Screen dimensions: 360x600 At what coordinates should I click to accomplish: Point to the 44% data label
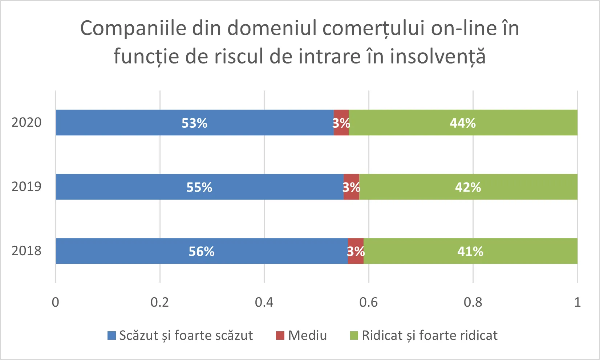(x=462, y=123)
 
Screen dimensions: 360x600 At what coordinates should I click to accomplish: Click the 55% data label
(x=199, y=187)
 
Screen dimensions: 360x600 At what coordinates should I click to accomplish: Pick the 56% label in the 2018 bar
(x=201, y=251)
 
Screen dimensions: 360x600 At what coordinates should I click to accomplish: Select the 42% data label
(x=468, y=187)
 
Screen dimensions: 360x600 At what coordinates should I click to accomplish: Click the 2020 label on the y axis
(x=26, y=123)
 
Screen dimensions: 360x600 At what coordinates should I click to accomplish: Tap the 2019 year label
(x=26, y=187)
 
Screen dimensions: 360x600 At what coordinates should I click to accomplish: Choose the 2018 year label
(x=26, y=251)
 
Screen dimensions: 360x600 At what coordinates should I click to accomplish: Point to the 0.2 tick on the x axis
(x=159, y=302)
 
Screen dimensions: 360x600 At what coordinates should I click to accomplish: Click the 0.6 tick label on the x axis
(x=368, y=302)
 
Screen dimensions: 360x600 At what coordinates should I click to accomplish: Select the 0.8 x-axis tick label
(x=473, y=302)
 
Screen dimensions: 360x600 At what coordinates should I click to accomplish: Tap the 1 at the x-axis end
(x=577, y=302)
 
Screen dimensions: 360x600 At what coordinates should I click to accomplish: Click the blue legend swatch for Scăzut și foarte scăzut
(x=112, y=335)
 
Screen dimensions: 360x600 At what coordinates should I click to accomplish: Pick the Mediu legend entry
(x=307, y=335)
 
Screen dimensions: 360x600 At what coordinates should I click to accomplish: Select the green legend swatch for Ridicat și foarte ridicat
(x=354, y=335)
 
